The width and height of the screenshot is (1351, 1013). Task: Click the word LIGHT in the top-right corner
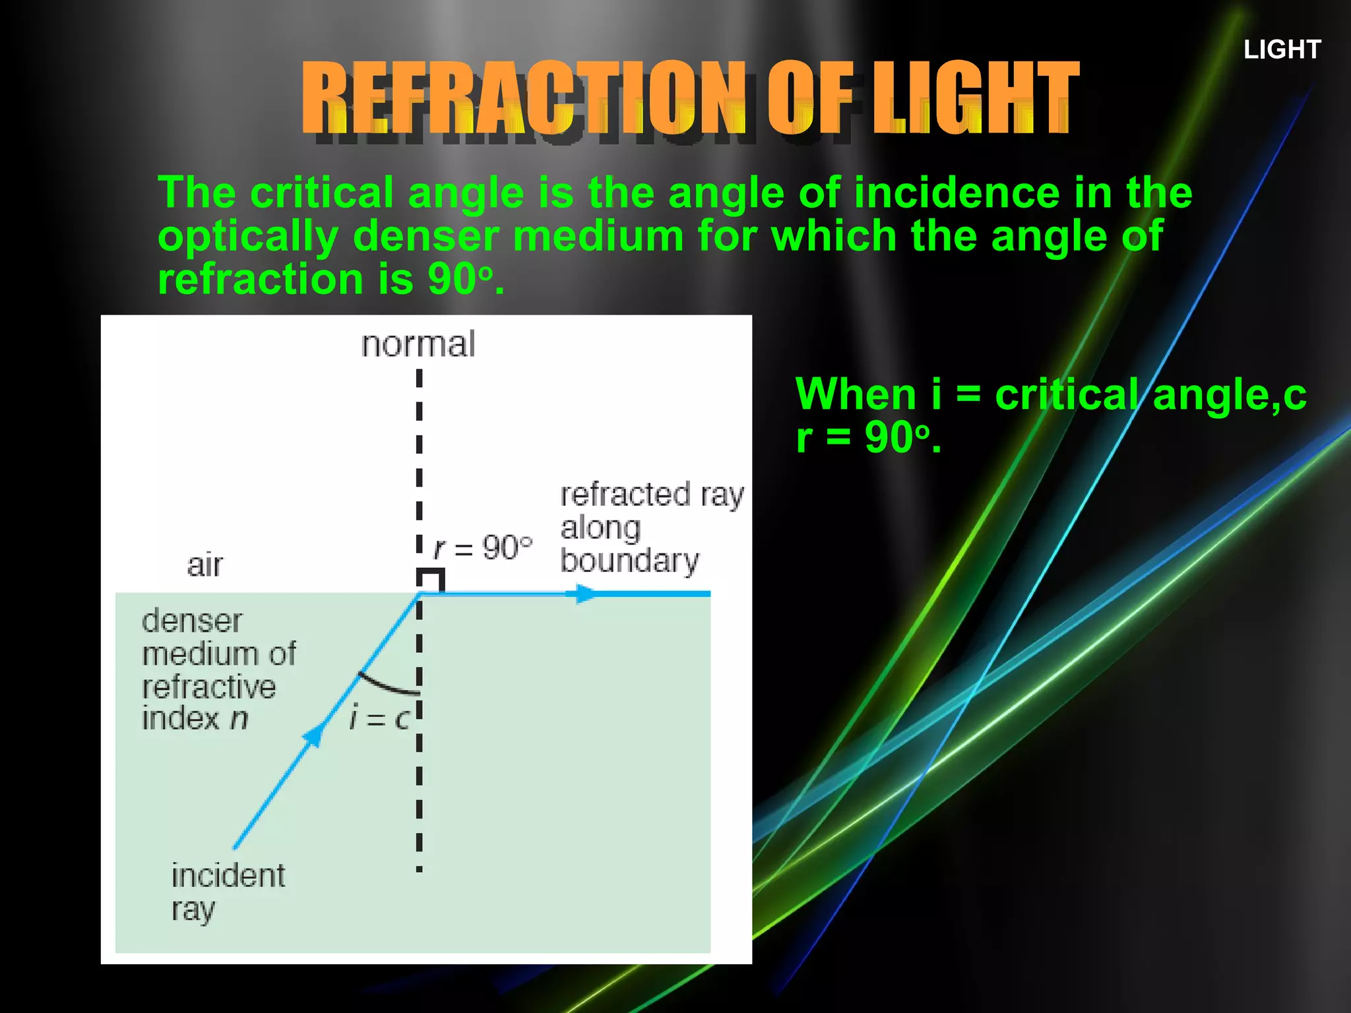pyautogui.click(x=1282, y=49)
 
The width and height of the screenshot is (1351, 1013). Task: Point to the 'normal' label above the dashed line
pyautogui.click(x=418, y=344)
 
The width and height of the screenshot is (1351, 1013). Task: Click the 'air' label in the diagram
pyautogui.click(x=204, y=565)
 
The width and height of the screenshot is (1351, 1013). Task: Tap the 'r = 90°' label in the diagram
pyautogui.click(x=483, y=547)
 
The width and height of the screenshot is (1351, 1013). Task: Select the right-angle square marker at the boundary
pyautogui.click(x=431, y=580)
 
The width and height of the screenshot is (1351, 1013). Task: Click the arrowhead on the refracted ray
pyautogui.click(x=582, y=594)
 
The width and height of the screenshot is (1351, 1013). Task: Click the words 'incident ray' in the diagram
pyautogui.click(x=228, y=892)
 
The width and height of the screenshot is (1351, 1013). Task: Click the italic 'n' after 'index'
pyautogui.click(x=239, y=718)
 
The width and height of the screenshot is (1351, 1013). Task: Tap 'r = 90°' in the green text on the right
pyautogui.click(x=868, y=437)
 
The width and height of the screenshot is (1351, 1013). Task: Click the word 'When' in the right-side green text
pyautogui.click(x=856, y=394)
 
